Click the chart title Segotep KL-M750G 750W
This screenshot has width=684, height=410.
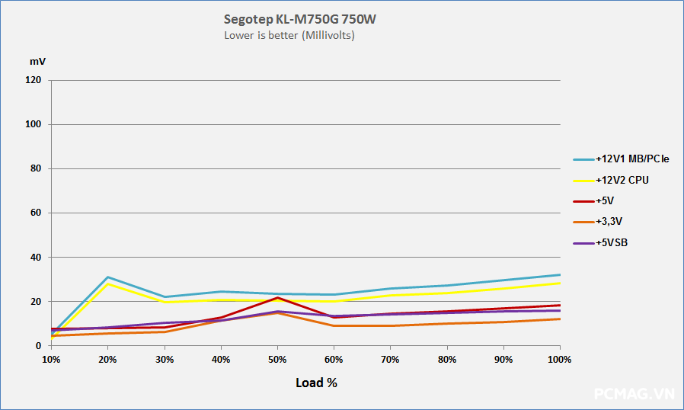tap(299, 19)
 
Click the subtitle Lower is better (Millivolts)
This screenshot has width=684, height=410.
tap(289, 35)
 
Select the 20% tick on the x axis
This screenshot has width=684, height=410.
tap(107, 359)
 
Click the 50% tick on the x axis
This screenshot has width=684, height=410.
tap(277, 359)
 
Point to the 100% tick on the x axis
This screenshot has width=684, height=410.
tap(559, 359)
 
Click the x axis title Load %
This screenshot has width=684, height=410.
tap(316, 383)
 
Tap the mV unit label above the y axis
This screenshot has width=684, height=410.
tap(37, 59)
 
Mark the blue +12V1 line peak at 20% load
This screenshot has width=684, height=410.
tap(107, 277)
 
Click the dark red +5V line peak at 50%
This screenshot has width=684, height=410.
tap(277, 297)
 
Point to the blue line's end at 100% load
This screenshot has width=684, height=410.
tap(560, 275)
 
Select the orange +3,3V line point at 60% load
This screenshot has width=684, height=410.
tap(334, 326)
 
